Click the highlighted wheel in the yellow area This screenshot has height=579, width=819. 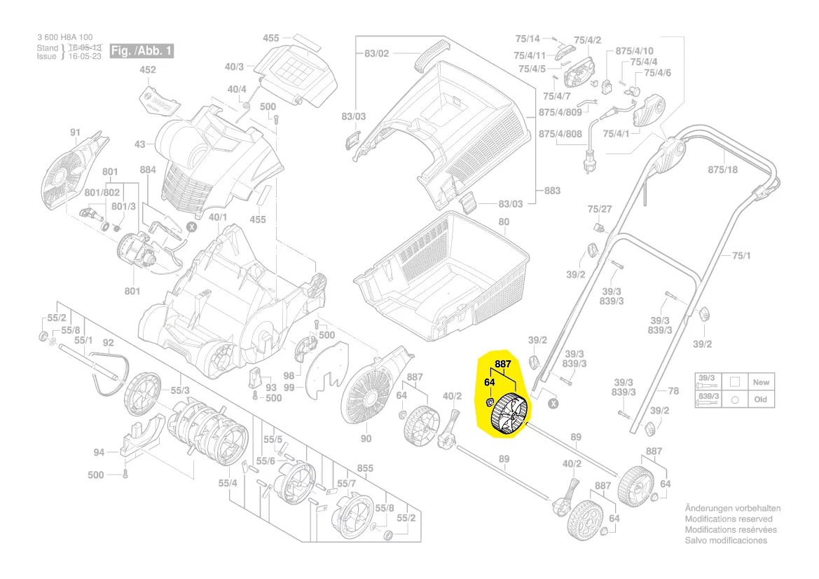tap(511, 415)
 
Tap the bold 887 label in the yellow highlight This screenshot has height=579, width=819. tap(502, 365)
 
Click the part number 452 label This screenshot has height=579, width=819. tap(148, 70)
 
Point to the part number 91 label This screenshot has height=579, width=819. tap(75, 132)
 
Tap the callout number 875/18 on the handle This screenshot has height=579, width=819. tap(722, 170)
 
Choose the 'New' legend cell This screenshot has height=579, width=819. tap(760, 383)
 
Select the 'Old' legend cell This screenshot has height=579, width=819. tap(760, 400)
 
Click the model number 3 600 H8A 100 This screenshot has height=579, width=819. tap(64, 38)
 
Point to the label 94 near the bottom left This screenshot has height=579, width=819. tap(99, 452)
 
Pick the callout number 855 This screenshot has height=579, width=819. tap(365, 468)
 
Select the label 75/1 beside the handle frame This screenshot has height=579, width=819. tap(741, 256)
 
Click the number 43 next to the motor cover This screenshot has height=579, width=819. tap(139, 144)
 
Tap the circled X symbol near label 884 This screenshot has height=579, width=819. tap(191, 227)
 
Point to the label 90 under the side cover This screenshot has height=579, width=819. tap(365, 439)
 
